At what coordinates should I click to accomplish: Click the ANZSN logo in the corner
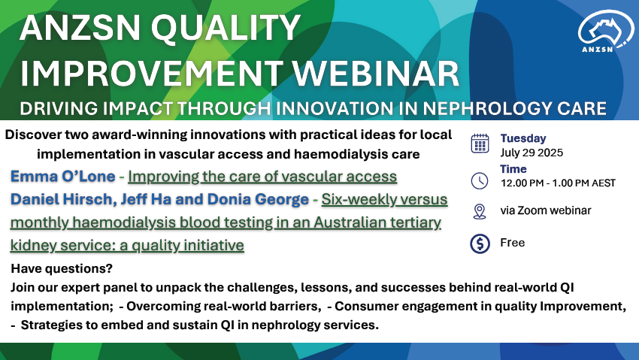(606, 32)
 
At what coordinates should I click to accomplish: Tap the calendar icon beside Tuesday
(480, 144)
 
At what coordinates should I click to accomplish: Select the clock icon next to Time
(480, 181)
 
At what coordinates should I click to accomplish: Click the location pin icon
(480, 212)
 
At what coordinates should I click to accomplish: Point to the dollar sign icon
(480, 244)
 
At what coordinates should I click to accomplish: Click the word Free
(512, 243)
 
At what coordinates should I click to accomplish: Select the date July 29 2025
(531, 153)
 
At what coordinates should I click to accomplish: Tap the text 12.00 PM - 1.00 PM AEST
(558, 183)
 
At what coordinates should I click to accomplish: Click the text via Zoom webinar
(546, 210)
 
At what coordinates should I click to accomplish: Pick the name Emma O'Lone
(62, 177)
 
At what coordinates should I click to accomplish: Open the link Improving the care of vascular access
(262, 177)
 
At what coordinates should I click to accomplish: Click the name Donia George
(258, 199)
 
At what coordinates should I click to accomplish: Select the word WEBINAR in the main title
(376, 74)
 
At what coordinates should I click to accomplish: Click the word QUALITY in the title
(226, 28)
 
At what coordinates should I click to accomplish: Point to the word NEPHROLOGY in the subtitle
(486, 109)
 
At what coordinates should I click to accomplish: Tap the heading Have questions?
(62, 269)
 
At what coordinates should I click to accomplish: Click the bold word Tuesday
(523, 138)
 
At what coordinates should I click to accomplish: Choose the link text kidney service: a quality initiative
(127, 245)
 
